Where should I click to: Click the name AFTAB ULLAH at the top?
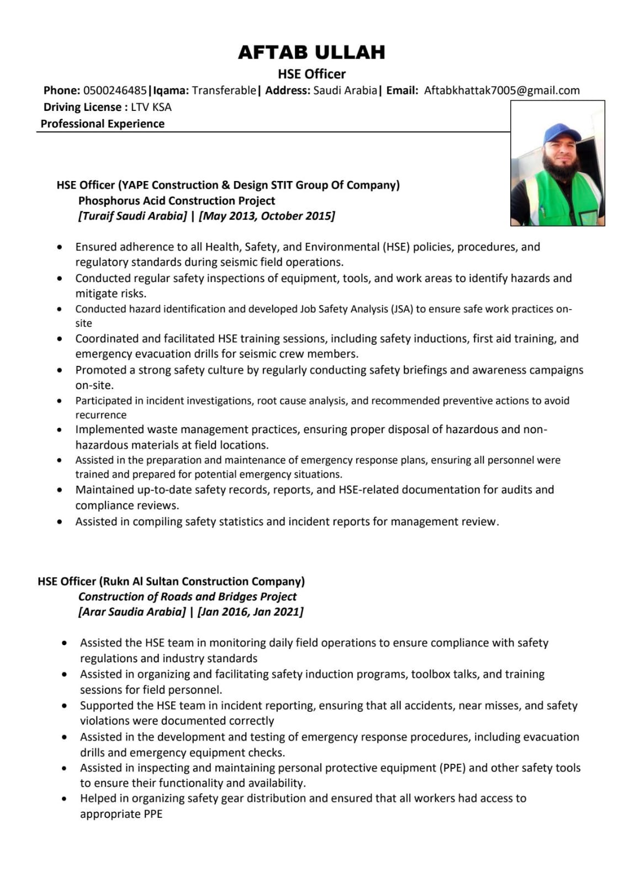[311, 52]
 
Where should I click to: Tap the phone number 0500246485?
[115, 91]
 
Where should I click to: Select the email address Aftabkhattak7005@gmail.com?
[501, 91]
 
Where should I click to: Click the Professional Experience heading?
[103, 124]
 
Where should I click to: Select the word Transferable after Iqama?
[224, 91]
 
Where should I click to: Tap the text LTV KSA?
[151, 107]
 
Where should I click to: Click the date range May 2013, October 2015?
[267, 216]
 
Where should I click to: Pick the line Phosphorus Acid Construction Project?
[177, 200]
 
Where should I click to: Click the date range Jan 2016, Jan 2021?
[250, 611]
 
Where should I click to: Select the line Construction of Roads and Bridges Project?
[187, 597]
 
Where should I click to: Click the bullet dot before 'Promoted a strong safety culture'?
[60, 370]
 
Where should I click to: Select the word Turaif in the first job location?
[98, 216]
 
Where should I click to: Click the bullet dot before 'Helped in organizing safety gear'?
[65, 799]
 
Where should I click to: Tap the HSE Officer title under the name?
[311, 74]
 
